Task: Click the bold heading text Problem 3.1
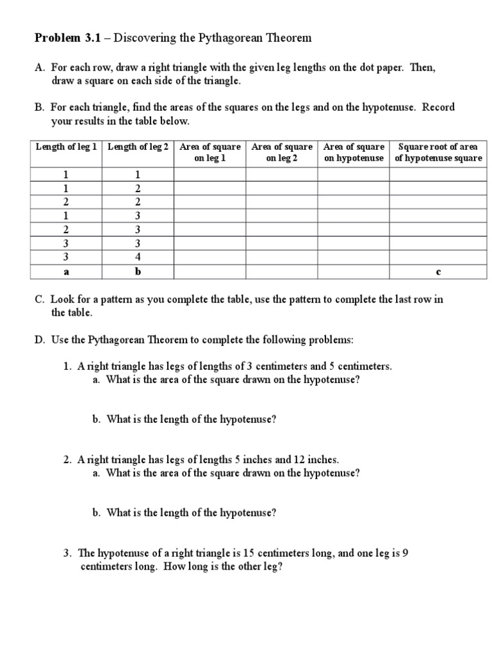point(63,38)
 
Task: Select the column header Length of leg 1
point(67,147)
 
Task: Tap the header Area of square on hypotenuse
point(354,152)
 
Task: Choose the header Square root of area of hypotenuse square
point(438,152)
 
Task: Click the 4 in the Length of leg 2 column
point(138,258)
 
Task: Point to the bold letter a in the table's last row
point(65,272)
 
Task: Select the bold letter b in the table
point(138,272)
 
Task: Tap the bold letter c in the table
point(438,272)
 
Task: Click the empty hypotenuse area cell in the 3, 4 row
point(354,258)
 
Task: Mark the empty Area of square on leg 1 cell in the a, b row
point(210,272)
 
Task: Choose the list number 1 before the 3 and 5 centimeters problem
point(66,366)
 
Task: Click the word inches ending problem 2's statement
point(324,460)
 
